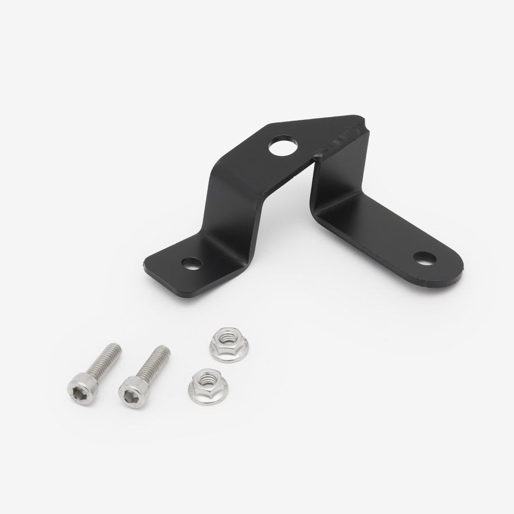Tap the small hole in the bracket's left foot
coord(193,264)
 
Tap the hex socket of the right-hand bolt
coord(129,392)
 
